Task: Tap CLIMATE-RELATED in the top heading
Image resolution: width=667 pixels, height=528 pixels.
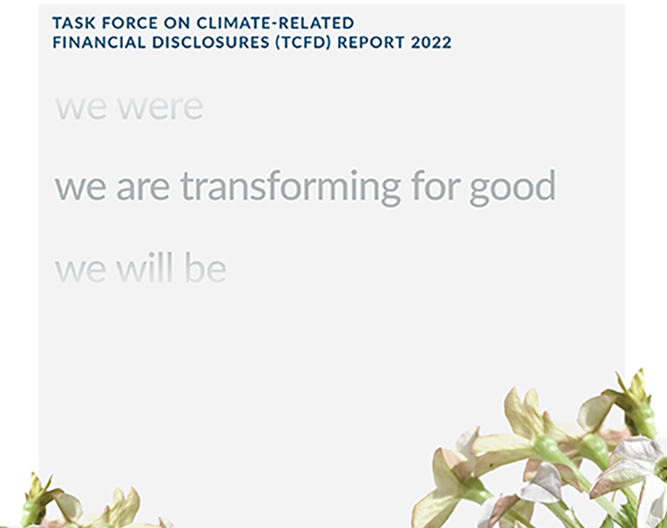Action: click(275, 24)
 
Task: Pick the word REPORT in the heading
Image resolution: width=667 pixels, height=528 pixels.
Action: click(370, 43)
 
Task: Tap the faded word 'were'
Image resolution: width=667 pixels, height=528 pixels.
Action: click(160, 108)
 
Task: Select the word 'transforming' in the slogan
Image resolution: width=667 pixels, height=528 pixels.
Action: click(290, 187)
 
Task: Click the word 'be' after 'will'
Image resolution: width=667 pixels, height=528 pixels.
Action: click(205, 269)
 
